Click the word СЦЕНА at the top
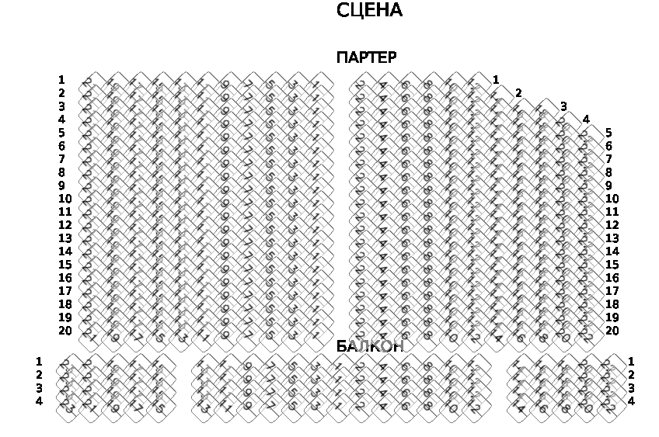pyautogui.click(x=369, y=11)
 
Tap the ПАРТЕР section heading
pyautogui.click(x=366, y=58)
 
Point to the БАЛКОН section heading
pyautogui.click(x=370, y=347)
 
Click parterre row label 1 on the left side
pyautogui.click(x=61, y=80)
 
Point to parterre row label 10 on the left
pyautogui.click(x=65, y=199)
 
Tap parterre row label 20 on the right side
pyautogui.click(x=612, y=331)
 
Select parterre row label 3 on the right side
pyautogui.click(x=563, y=106)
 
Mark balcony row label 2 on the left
pyautogui.click(x=39, y=375)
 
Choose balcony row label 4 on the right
pyautogui.click(x=631, y=401)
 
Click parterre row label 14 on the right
pyautogui.click(x=612, y=251)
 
